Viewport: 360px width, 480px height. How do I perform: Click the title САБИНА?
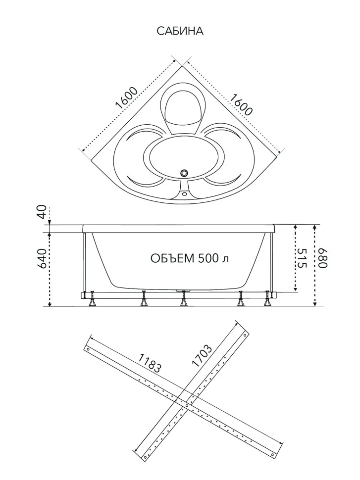pyautogui.click(x=180, y=31)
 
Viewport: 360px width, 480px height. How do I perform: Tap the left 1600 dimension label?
pyautogui.click(x=126, y=97)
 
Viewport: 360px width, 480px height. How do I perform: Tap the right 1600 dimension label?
pyautogui.click(x=241, y=105)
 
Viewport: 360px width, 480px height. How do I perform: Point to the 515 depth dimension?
pyautogui.click(x=301, y=258)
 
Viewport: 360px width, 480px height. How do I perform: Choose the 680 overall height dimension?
pyautogui.click(x=323, y=258)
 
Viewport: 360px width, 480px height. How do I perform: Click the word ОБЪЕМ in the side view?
pyautogui.click(x=172, y=258)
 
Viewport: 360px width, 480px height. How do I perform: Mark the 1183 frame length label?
pyautogui.click(x=150, y=363)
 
